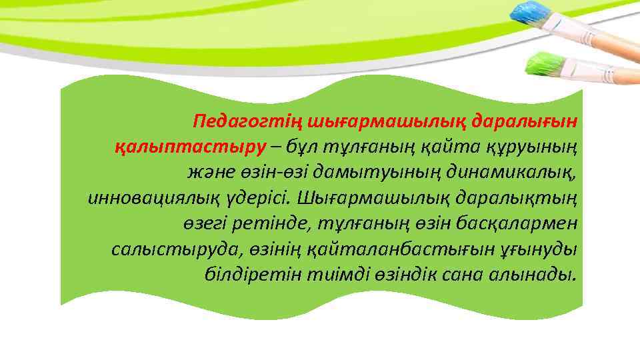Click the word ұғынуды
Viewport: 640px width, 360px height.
[x=543, y=249]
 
